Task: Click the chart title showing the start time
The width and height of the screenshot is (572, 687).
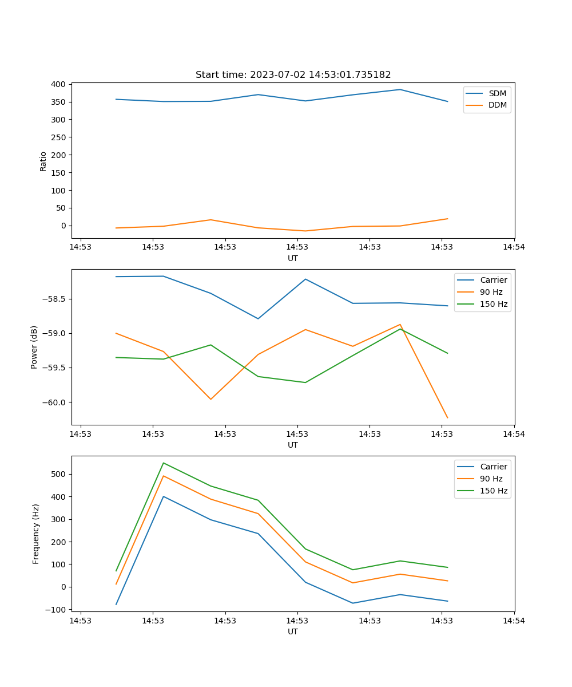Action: coord(293,75)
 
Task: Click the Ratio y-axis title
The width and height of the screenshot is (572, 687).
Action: coord(43,161)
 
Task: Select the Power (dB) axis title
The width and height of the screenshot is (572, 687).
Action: coord(34,347)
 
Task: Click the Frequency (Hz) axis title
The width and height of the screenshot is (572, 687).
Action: coord(36,534)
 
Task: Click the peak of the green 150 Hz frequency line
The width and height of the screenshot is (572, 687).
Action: coord(164,463)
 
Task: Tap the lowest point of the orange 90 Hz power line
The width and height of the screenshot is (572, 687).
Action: coord(447,418)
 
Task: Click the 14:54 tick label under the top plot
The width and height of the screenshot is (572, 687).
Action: coord(514,247)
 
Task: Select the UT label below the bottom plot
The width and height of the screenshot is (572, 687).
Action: coord(293,631)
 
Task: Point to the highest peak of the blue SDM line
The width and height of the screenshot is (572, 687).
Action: coord(400,89)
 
